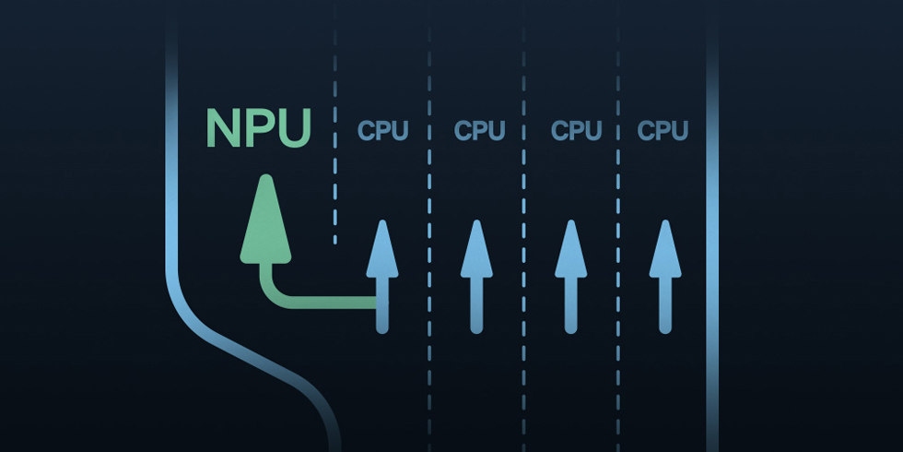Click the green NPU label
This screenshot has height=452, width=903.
tap(259, 127)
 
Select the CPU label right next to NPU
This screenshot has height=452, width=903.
tap(382, 130)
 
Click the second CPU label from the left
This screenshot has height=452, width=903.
tap(479, 130)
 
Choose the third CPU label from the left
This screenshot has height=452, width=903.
tap(576, 130)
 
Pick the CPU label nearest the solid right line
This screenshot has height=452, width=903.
tap(663, 130)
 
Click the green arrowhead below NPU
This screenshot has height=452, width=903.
tap(265, 220)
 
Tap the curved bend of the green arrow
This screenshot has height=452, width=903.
tap(275, 291)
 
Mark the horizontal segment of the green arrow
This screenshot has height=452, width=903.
tap(333, 303)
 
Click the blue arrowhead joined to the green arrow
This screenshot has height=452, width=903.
tap(382, 249)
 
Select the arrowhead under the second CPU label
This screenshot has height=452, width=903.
tap(476, 249)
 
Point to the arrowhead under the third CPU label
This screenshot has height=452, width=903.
tap(570, 249)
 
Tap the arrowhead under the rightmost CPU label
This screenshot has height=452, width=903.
tap(665, 249)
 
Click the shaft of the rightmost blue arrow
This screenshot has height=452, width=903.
tap(665, 305)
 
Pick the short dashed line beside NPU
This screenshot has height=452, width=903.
tap(334, 124)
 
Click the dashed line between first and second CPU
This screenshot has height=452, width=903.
tap(429, 226)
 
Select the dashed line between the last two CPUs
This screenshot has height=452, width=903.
tap(618, 226)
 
